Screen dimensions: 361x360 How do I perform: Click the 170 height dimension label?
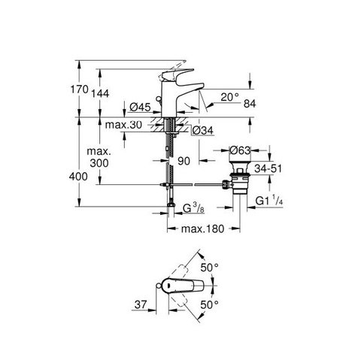pyautogui.click(x=79, y=89)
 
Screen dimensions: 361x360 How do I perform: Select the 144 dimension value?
pyautogui.click(x=100, y=93)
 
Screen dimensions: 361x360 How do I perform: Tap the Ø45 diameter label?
pyautogui.click(x=140, y=107)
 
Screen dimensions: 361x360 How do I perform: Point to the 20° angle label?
pyautogui.click(x=230, y=97)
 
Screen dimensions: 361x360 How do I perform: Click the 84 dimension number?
pyautogui.click(x=250, y=104)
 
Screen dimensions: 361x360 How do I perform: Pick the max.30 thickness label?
pyautogui.click(x=123, y=125)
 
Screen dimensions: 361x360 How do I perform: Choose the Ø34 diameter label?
pyautogui.click(x=203, y=130)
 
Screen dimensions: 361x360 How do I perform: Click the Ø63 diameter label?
pyautogui.click(x=240, y=150)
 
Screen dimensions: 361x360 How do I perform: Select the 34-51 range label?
pyautogui.click(x=268, y=168)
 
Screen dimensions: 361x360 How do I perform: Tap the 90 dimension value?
pyautogui.click(x=184, y=161)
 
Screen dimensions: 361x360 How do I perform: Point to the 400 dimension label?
pyautogui.click(x=78, y=177)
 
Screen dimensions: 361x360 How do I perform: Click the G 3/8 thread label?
pyautogui.click(x=193, y=208)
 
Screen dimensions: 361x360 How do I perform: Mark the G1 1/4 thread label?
pyautogui.click(x=269, y=201)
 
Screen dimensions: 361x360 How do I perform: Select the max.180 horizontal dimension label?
pyautogui.click(x=202, y=228)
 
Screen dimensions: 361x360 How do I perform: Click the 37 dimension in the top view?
pyautogui.click(x=141, y=304)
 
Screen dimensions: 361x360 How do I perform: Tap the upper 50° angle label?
pyautogui.click(x=209, y=268)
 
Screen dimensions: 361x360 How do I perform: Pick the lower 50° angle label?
pyautogui.click(x=209, y=304)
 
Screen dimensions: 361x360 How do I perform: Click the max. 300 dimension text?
pyautogui.click(x=99, y=157)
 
